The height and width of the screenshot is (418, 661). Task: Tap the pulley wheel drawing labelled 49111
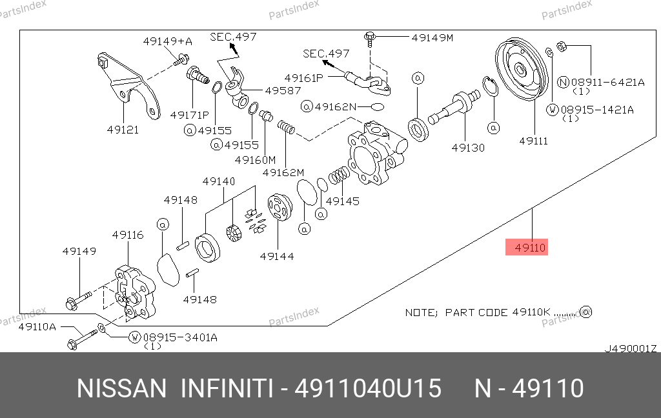tap(522, 71)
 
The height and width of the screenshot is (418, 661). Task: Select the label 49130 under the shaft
tap(468, 148)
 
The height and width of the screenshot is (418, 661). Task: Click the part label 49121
tap(123, 130)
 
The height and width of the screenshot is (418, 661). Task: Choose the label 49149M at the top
tap(432, 37)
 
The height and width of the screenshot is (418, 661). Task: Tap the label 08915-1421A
tap(597, 110)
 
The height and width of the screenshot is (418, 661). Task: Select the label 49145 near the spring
tap(343, 201)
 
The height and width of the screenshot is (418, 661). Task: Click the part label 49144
tap(277, 256)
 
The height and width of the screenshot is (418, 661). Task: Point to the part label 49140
tap(219, 181)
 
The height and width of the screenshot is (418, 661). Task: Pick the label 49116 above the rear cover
tap(128, 235)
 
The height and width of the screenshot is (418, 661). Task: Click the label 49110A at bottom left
tap(37, 327)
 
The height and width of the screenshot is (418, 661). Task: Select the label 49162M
tap(283, 172)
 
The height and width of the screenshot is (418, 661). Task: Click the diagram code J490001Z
tap(630, 348)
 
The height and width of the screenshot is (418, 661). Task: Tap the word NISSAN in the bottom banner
tap(122, 389)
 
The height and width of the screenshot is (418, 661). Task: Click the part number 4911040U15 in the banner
tap(368, 389)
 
